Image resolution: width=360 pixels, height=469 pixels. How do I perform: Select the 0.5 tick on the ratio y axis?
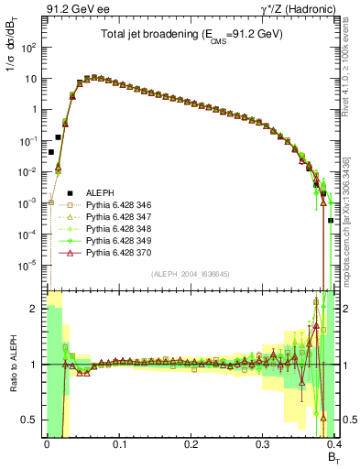pyautogui.click(x=30, y=420)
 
